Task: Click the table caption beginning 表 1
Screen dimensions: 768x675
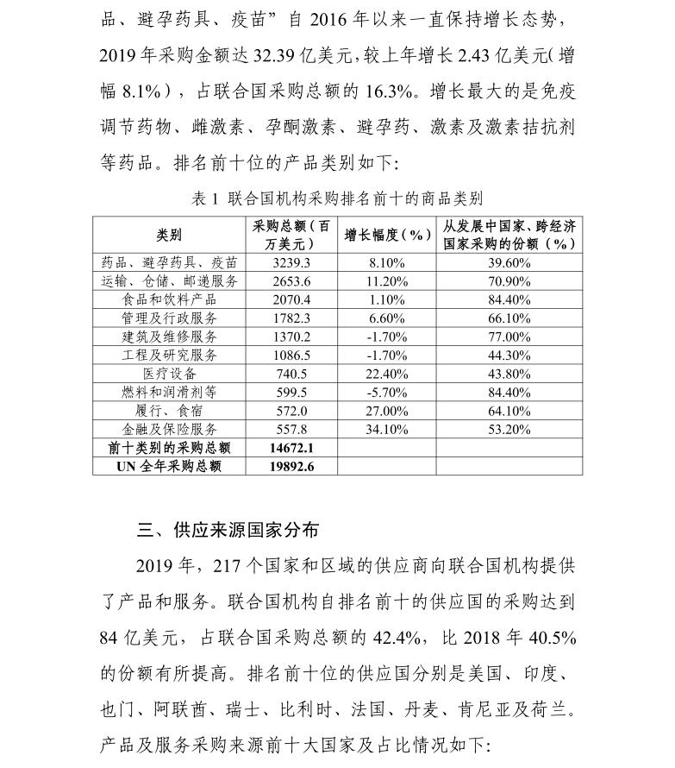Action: click(336, 198)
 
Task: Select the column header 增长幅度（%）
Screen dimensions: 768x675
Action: click(386, 234)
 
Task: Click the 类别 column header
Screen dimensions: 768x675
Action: click(169, 234)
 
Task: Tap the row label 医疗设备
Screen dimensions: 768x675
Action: click(169, 374)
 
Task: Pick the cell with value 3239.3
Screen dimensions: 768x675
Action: click(291, 262)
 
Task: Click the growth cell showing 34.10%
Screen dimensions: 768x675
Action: click(386, 429)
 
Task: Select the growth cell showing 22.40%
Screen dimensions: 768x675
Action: click(386, 374)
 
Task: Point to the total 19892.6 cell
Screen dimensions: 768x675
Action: click(291, 466)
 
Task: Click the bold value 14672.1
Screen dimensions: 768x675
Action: click(291, 448)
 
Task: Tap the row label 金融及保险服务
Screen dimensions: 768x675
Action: click(169, 429)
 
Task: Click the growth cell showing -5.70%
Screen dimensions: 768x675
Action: click(386, 392)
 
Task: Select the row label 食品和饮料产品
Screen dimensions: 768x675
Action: click(169, 299)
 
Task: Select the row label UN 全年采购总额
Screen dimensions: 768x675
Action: click(169, 466)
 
